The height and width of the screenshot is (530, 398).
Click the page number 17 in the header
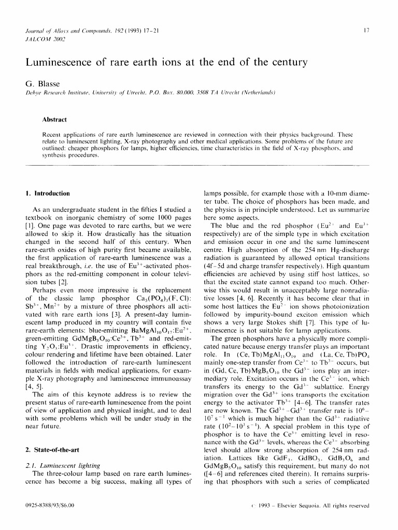tap(366, 31)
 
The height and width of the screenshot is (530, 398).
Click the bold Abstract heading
tap(54, 119)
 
